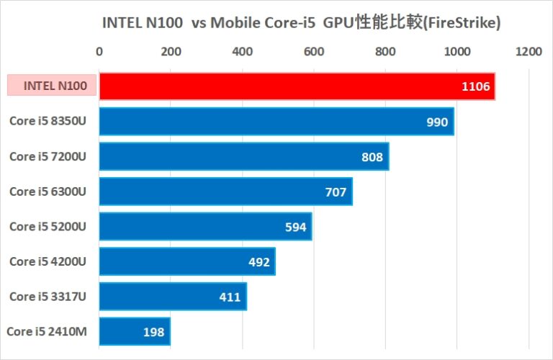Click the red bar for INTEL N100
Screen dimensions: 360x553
click(288, 86)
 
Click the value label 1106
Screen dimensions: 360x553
click(476, 87)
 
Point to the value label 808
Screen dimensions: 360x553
click(372, 157)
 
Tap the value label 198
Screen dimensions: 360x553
click(153, 332)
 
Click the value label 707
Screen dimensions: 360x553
click(336, 192)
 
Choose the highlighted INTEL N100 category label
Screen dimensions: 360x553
click(50, 86)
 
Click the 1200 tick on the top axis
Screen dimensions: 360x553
click(529, 51)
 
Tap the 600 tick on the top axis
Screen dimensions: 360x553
click(313, 51)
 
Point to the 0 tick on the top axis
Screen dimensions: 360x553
click(99, 51)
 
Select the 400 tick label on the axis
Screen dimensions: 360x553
click(242, 51)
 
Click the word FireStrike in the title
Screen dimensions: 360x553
click(461, 23)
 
